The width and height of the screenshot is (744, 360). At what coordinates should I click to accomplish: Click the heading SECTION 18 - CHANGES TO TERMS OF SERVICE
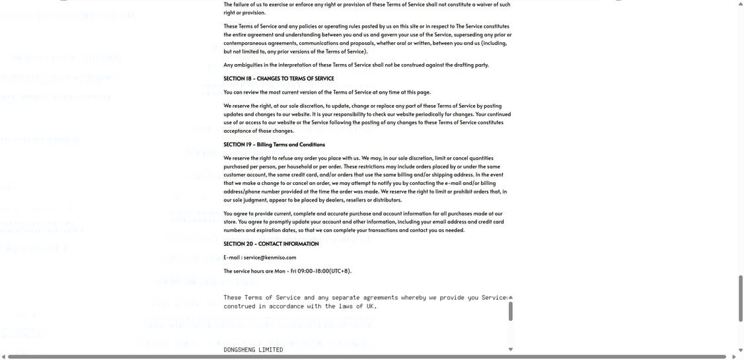pyautogui.click(x=278, y=79)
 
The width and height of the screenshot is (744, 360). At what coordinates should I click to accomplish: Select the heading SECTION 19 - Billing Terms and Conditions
pyautogui.click(x=274, y=145)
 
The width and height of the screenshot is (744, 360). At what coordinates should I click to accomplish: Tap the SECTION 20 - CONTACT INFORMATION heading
pyautogui.click(x=271, y=244)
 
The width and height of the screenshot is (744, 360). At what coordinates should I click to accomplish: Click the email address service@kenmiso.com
pyautogui.click(x=270, y=258)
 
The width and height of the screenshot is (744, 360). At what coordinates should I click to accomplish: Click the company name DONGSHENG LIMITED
pyautogui.click(x=253, y=349)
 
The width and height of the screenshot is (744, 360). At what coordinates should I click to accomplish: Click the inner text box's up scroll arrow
pyautogui.click(x=511, y=297)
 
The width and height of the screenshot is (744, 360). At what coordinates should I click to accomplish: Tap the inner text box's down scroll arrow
pyautogui.click(x=511, y=349)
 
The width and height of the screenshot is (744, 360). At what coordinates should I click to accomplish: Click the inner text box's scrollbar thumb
pyautogui.click(x=511, y=310)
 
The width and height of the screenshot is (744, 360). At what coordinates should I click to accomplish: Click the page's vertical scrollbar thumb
pyautogui.click(x=740, y=297)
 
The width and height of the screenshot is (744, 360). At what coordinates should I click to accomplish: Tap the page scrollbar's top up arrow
pyautogui.click(x=740, y=4)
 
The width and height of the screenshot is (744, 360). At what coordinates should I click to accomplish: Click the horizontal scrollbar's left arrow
pyautogui.click(x=3, y=357)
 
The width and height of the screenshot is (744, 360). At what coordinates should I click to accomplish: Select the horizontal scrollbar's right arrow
pyautogui.click(x=733, y=357)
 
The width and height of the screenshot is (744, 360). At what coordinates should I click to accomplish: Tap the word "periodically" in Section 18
pyautogui.click(x=420, y=114)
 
